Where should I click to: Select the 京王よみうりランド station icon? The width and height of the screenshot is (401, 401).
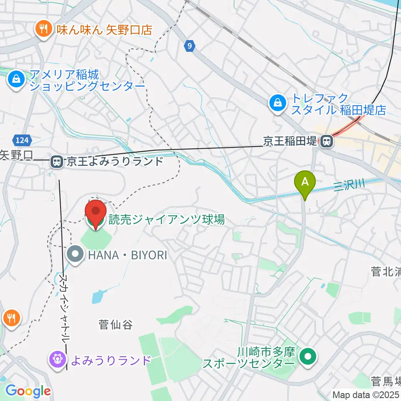point(56,162)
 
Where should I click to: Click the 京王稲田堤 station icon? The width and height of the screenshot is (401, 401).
point(327,141)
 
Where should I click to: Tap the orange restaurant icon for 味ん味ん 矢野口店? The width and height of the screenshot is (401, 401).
point(43,29)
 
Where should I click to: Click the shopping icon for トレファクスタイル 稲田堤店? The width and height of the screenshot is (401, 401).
point(277,103)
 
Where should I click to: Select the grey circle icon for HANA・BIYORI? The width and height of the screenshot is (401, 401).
point(76,254)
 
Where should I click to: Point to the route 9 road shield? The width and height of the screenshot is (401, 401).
point(190,46)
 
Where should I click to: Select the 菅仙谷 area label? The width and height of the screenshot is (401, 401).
point(115,324)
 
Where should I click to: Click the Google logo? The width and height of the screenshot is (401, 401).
point(28,391)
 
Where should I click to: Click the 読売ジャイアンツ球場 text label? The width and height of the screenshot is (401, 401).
point(167,219)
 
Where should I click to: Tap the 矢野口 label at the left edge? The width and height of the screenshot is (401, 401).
point(16,155)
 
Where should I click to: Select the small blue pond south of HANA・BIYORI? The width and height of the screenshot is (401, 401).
point(96,297)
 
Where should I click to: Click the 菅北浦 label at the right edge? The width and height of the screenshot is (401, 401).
point(386,272)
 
